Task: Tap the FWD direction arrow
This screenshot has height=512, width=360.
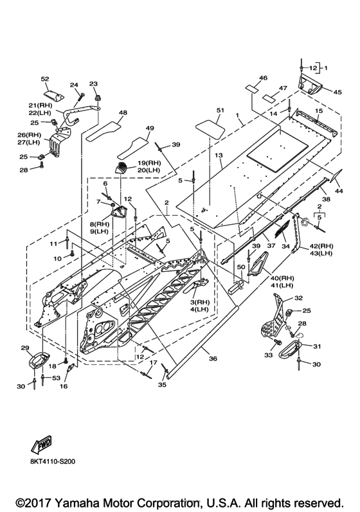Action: pos(42,445)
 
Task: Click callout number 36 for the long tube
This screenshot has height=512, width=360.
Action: pos(213,358)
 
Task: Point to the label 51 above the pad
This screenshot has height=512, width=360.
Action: pos(221,110)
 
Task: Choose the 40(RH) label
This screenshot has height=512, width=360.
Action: pos(282,278)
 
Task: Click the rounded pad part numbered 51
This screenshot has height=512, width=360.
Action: pos(210,129)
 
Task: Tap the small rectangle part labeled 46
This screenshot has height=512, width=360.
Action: pos(253,88)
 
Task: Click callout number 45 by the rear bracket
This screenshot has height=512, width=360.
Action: pos(337,92)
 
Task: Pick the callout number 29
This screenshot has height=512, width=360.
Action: pos(25,348)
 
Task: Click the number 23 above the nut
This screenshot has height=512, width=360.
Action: pos(93,84)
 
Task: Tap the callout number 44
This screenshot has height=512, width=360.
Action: pos(339,191)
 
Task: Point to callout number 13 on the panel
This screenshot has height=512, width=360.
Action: pos(219,155)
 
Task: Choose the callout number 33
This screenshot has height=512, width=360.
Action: pos(268,355)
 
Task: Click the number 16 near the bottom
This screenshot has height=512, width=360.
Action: pos(64,386)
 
